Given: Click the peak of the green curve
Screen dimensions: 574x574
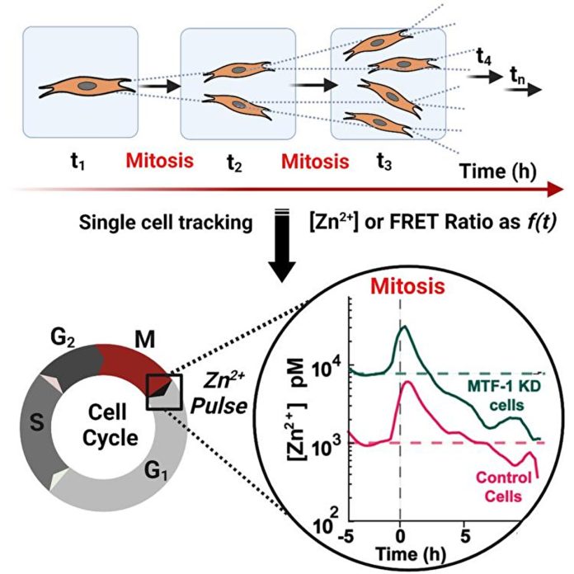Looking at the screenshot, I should point(404,327).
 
